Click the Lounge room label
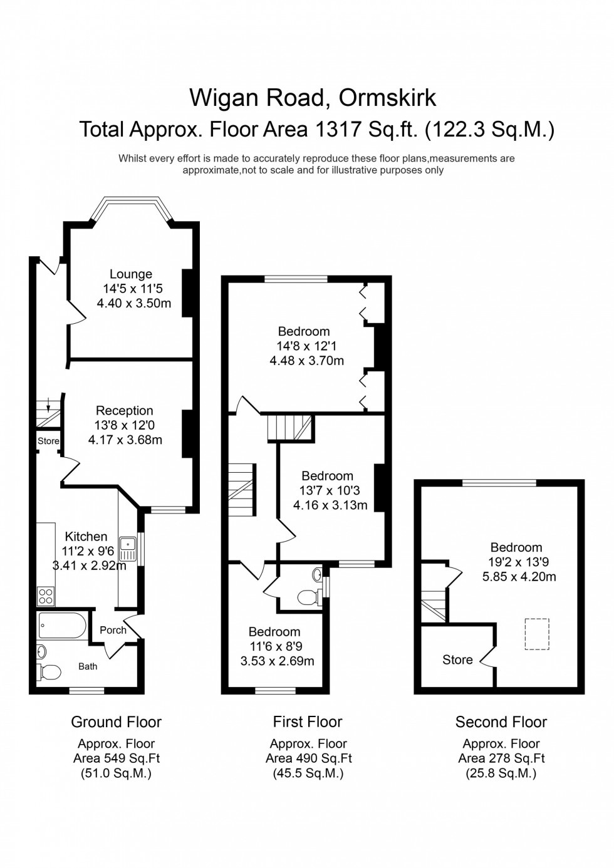130,274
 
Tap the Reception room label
124,411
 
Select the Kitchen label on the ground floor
86,537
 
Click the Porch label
113,630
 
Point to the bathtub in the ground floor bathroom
63,626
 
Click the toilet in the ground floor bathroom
49,672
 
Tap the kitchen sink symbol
128,549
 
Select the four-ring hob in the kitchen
46,596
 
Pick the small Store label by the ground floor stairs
48,441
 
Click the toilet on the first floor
308,596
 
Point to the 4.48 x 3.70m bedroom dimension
306,361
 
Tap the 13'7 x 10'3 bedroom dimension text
330,490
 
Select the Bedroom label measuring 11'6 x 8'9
274,632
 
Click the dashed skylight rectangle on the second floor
536,634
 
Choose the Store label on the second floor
457,659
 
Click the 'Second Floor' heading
501,722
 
